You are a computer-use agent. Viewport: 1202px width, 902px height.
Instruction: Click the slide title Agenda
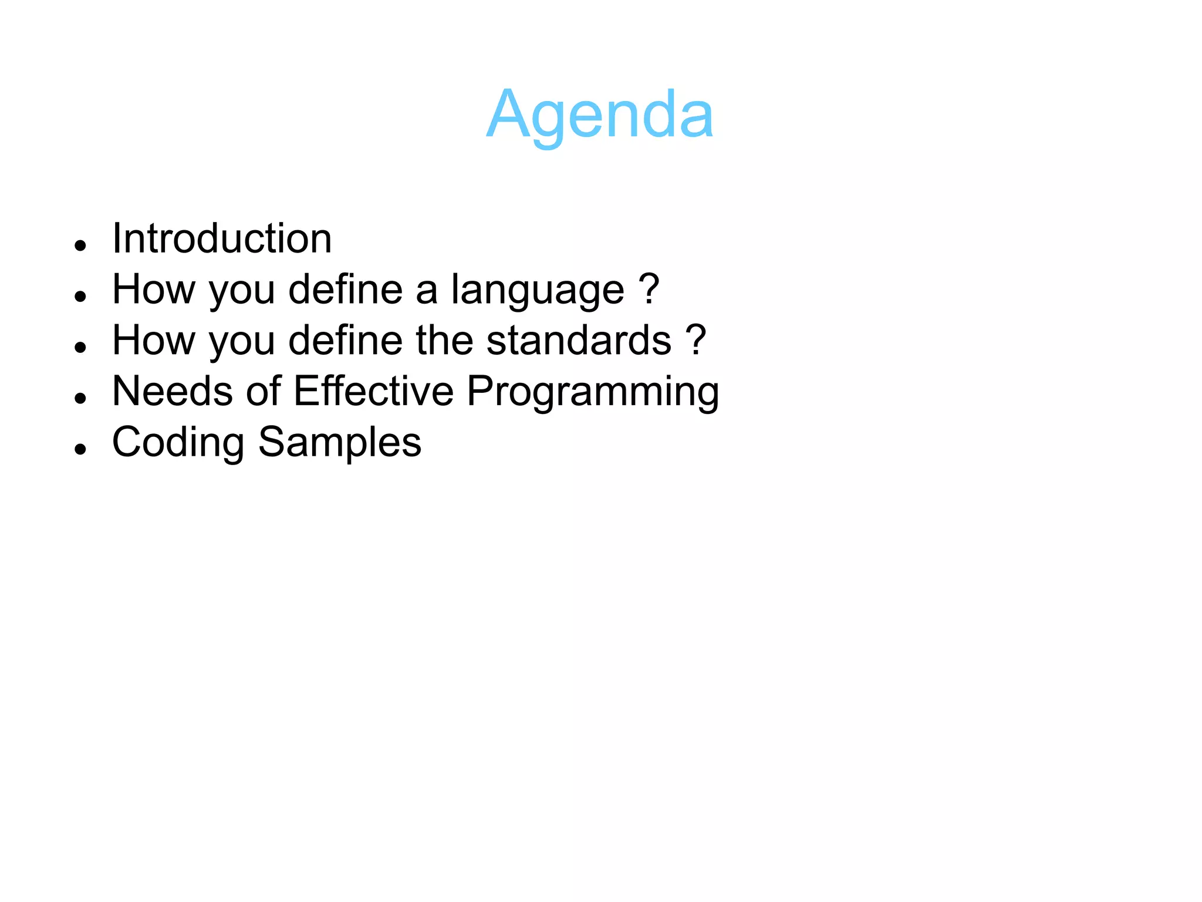600,115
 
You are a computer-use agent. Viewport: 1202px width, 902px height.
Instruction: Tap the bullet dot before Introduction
81,245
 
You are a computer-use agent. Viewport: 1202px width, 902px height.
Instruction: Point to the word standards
579,341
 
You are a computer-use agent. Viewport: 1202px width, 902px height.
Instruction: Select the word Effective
373,391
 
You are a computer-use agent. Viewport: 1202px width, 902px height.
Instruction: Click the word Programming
593,392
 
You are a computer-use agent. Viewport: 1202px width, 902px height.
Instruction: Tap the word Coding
178,442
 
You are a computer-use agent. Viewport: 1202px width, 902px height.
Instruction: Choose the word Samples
340,442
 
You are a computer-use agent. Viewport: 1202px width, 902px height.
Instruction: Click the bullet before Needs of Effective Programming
81,398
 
